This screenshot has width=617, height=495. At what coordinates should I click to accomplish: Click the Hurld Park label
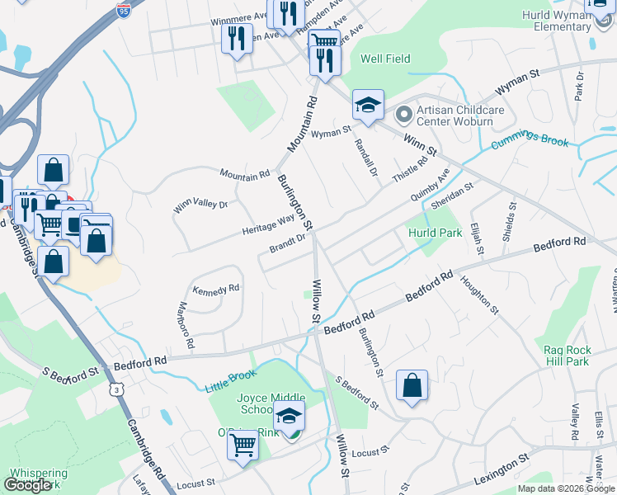tap(435, 233)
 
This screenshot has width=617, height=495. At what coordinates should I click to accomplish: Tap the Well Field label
tap(385, 59)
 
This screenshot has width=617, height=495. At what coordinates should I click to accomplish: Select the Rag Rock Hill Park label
tap(567, 356)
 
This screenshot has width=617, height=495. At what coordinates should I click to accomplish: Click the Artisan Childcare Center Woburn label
tap(455, 116)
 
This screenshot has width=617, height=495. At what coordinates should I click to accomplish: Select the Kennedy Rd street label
tap(215, 290)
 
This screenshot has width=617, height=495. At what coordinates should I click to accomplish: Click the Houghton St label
tap(481, 295)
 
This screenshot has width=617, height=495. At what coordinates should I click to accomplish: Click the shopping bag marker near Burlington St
tap(412, 385)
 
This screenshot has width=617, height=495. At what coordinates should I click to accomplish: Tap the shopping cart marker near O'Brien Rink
tap(243, 445)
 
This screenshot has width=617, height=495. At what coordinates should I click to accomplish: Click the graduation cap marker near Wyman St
tap(368, 105)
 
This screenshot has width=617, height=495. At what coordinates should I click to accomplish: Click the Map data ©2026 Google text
tap(565, 488)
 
